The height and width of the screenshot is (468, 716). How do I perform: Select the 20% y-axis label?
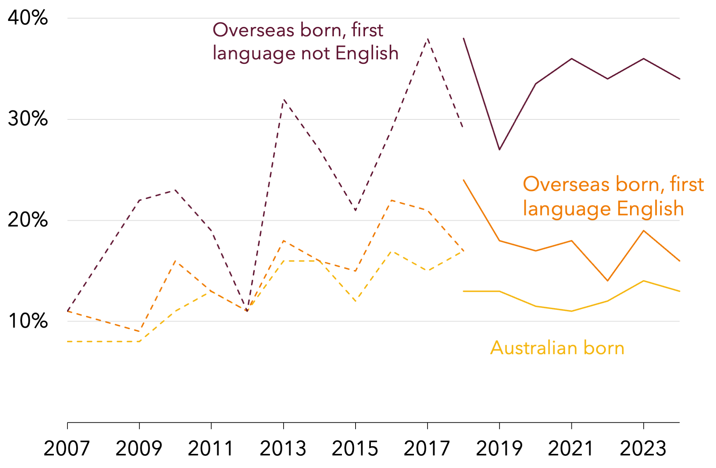coord(28,220)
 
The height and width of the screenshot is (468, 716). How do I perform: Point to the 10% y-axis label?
coord(28,321)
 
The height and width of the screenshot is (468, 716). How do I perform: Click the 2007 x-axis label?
coord(67,448)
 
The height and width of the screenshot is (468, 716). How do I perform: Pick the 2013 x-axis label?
coord(283,448)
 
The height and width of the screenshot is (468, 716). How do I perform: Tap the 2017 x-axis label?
coord(427,448)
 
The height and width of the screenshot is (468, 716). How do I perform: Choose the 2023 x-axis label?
coord(643,448)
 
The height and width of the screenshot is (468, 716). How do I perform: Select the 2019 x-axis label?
coord(499,448)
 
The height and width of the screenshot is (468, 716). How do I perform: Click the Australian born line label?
coord(557,348)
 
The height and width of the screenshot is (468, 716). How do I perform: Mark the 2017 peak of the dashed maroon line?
coord(428,38)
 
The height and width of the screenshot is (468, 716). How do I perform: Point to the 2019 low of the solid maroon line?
coord(500,149)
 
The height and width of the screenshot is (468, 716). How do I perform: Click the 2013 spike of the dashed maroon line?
coord(284,100)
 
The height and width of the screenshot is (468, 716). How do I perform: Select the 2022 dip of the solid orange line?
coord(608,280)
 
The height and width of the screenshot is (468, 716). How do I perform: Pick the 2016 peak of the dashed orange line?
coord(392,200)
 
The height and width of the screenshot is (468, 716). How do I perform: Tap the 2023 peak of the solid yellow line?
coord(644,281)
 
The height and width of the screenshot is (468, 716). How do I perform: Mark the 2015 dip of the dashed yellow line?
coord(356,301)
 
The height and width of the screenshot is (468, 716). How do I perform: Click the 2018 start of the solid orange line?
coord(464,180)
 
